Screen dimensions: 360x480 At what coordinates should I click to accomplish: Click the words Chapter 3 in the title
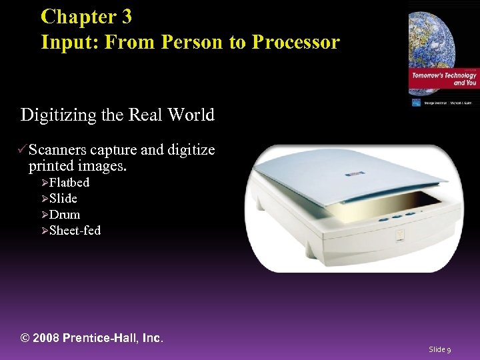86,16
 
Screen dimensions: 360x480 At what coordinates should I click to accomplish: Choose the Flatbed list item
69,183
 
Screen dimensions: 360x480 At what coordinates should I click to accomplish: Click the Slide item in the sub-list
63,199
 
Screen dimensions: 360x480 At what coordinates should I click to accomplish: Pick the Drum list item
65,215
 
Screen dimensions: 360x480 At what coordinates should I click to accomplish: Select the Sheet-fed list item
75,231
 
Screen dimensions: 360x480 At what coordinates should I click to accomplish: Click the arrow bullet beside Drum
45,215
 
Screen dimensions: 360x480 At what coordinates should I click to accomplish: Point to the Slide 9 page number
440,349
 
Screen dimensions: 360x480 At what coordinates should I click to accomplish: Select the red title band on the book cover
443,78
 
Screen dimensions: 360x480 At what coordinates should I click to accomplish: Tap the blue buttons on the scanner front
402,215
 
